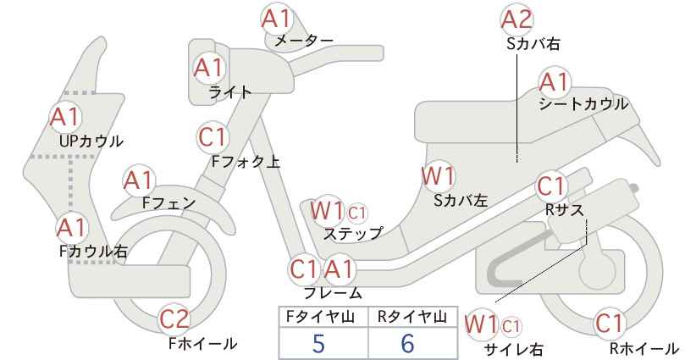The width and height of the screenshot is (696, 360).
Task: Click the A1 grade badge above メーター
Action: [x=276, y=19]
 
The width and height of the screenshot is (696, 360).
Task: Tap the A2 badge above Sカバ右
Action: [x=516, y=19]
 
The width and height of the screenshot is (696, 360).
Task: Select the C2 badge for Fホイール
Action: [x=174, y=318]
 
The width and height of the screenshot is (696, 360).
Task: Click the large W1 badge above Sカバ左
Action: [x=438, y=176]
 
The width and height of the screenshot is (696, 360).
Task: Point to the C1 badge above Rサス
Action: [x=551, y=186]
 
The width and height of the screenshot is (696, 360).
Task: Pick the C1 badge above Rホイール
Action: [x=610, y=324]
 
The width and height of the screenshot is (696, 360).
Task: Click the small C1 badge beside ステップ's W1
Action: [x=357, y=213]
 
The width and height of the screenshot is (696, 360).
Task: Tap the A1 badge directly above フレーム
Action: [x=340, y=269]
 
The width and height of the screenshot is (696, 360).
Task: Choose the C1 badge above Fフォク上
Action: [x=213, y=136]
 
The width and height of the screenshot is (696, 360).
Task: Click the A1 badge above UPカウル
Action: [x=65, y=117]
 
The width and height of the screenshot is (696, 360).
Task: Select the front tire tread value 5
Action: [x=318, y=343]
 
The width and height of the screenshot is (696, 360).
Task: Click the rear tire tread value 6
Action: [x=407, y=343]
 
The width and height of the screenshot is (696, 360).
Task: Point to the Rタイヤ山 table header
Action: [x=412, y=317]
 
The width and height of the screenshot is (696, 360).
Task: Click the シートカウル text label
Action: [x=583, y=104]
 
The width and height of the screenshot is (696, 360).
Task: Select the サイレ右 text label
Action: [x=513, y=349]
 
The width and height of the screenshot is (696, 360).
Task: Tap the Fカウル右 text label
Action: [x=93, y=252]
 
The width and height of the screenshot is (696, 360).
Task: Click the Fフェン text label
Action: [x=168, y=202]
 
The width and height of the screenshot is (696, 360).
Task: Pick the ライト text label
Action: [x=230, y=92]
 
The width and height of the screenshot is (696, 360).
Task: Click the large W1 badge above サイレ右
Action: [x=482, y=324]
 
